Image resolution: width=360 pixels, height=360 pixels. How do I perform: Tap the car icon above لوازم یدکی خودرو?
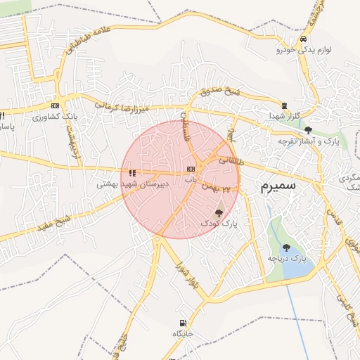[302, 39]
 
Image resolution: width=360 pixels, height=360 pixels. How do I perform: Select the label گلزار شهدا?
[284, 115]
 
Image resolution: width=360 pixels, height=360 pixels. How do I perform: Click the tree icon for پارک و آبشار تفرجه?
[308, 130]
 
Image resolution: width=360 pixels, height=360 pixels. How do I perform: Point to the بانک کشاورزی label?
[53, 116]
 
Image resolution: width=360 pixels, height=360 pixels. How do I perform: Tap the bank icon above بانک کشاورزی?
[54, 105]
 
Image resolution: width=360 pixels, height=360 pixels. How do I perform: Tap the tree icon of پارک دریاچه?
[286, 247]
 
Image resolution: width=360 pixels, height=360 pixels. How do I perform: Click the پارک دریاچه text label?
[287, 259]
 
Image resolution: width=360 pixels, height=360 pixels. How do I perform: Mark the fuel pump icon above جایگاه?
[179, 323]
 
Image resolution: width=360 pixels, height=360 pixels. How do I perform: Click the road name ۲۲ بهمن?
[216, 188]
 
